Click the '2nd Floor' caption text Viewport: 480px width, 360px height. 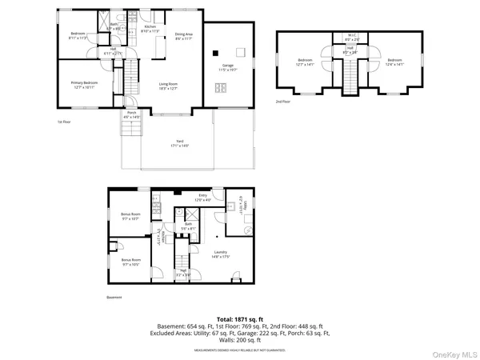point(282,102)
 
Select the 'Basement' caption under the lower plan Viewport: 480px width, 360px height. point(115,297)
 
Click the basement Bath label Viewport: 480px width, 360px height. point(188,227)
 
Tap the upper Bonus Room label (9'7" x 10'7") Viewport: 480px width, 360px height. point(130,216)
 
